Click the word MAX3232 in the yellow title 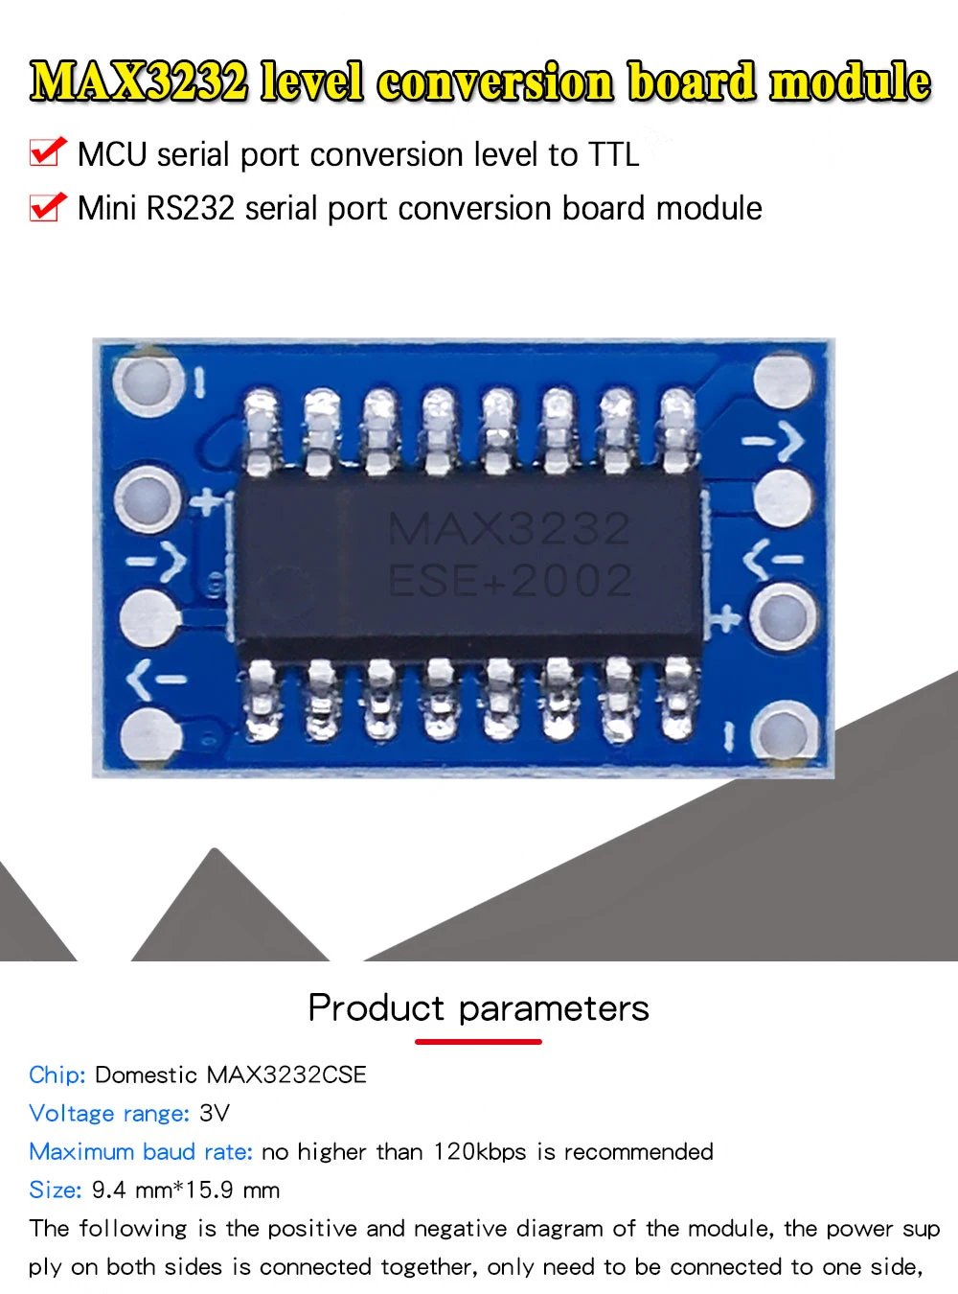(139, 81)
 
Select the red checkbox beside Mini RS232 (47, 206)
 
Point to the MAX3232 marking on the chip (509, 528)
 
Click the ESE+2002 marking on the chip (509, 581)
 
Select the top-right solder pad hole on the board (784, 379)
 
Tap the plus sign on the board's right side (725, 619)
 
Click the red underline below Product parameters (478, 1041)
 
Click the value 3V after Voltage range (215, 1113)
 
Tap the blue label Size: (55, 1190)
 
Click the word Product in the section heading (376, 1008)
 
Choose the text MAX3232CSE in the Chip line (286, 1074)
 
